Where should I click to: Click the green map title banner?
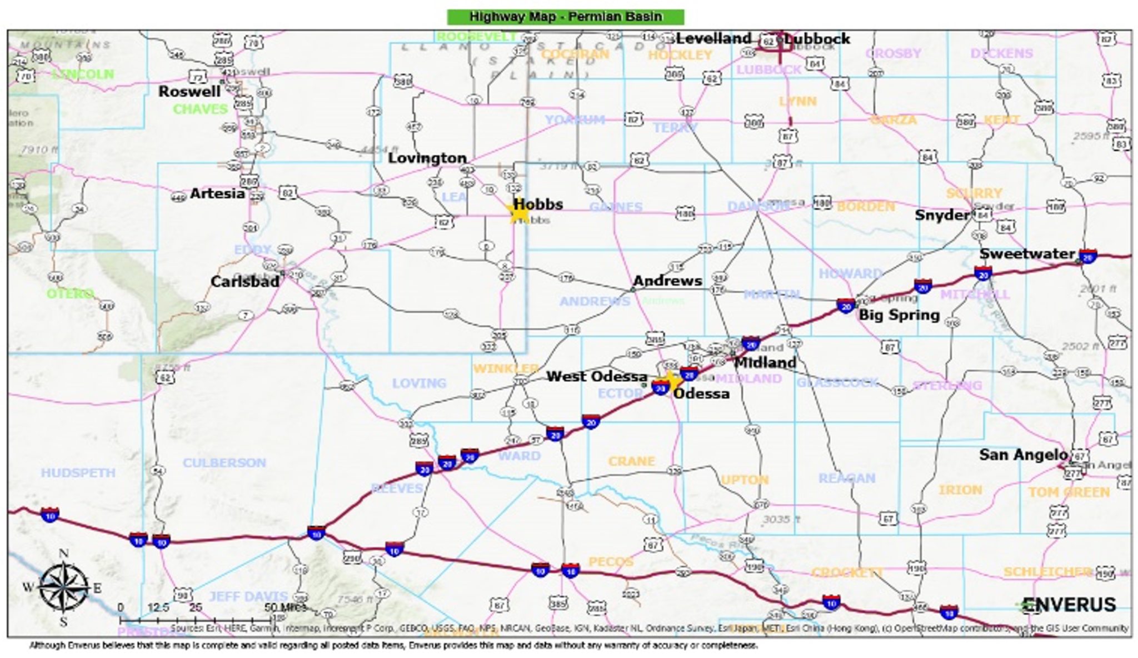565,17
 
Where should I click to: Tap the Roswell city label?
189,92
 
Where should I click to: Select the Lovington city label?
427,158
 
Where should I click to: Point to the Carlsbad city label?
244,282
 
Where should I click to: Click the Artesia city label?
217,193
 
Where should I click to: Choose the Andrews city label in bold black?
667,281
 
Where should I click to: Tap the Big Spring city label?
899,315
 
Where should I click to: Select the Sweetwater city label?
1027,254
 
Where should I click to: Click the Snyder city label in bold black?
942,215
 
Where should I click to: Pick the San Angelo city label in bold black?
1023,455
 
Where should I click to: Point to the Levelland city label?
713,38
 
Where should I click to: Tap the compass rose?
63,587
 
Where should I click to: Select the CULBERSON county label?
224,463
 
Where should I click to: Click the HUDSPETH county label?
78,473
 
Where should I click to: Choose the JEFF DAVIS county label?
248,597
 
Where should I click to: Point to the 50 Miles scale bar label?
285,607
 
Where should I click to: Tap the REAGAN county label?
846,478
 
